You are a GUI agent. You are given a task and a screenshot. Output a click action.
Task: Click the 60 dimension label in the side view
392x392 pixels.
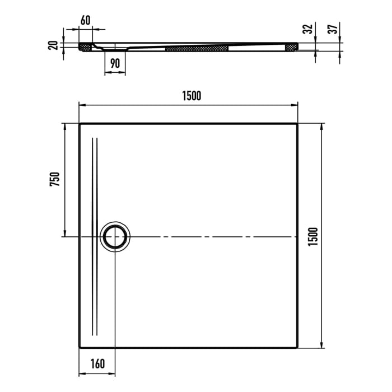click(86, 20)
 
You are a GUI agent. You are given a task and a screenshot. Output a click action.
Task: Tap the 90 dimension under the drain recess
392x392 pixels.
click(115, 63)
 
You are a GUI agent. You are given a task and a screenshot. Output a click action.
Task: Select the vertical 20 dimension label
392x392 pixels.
click(53, 45)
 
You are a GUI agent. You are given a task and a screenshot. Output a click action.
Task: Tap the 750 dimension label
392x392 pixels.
click(54, 179)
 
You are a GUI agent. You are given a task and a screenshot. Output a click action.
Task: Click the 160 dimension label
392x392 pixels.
click(97, 364)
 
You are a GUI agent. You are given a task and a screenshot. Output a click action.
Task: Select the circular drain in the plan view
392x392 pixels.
click(116, 236)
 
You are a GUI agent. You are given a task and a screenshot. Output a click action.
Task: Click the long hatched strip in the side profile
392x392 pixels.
click(197, 49)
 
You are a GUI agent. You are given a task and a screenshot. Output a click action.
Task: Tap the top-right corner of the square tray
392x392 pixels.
click(297, 123)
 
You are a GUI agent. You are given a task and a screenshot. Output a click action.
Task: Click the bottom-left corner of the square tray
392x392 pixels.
click(79, 347)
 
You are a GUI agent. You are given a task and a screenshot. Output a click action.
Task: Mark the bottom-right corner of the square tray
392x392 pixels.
click(297, 347)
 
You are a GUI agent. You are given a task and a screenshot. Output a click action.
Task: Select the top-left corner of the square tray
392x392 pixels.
click(79, 123)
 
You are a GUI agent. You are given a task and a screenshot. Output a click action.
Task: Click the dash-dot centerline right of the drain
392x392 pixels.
click(213, 237)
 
